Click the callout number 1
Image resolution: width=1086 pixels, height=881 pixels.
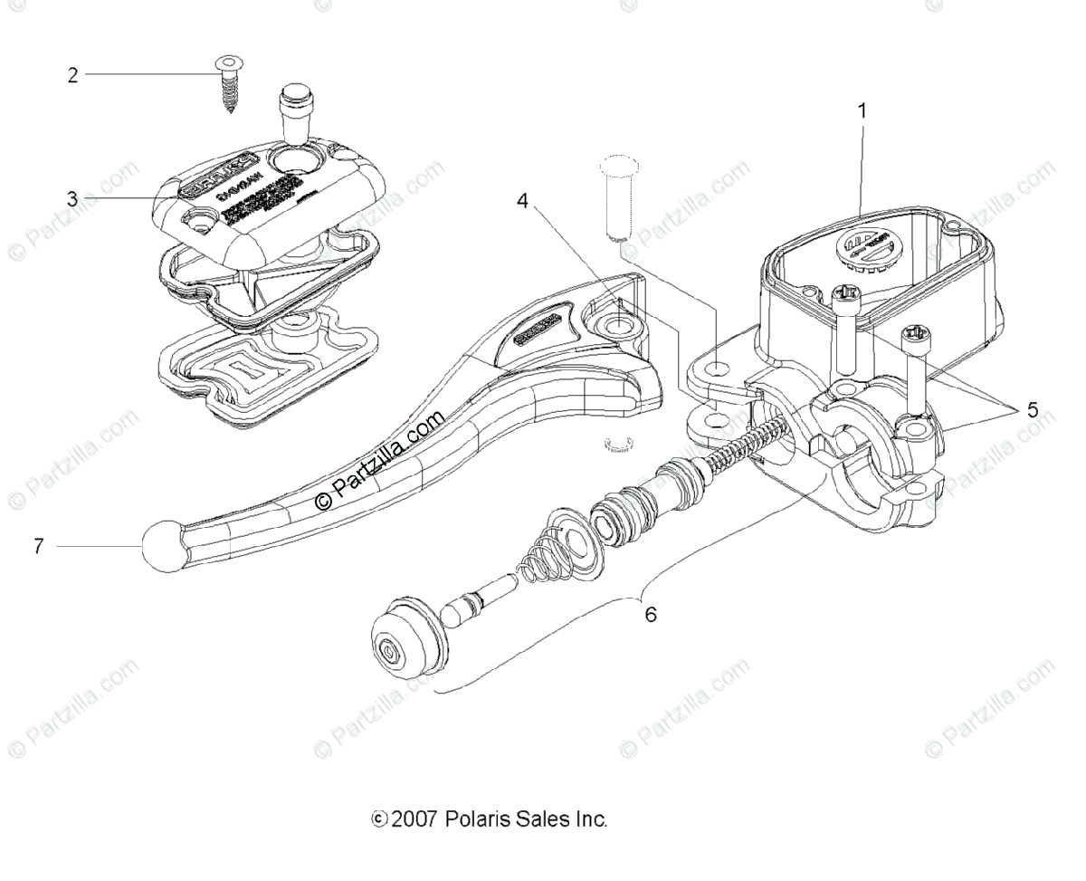click(862, 110)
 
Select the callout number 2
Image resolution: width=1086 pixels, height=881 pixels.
click(73, 75)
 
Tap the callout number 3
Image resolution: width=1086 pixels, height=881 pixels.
click(73, 198)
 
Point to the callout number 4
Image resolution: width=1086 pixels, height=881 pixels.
click(523, 201)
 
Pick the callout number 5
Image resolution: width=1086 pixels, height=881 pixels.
click(1033, 409)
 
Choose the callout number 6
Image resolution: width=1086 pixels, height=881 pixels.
click(651, 615)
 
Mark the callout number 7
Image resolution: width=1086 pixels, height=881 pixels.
click(39, 547)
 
